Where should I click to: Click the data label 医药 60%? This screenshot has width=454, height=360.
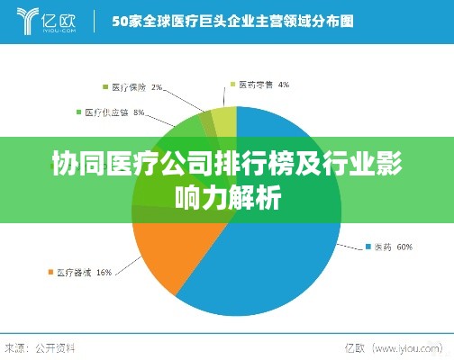pyautogui.click(x=393, y=246)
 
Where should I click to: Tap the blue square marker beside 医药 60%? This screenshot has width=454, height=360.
pyautogui.click(x=367, y=246)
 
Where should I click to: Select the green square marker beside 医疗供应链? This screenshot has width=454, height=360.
pyautogui.click(x=78, y=112)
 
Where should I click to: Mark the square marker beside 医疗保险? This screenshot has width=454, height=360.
pyautogui.click(x=106, y=87)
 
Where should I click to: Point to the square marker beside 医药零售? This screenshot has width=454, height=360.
pyautogui.click(x=232, y=85)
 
